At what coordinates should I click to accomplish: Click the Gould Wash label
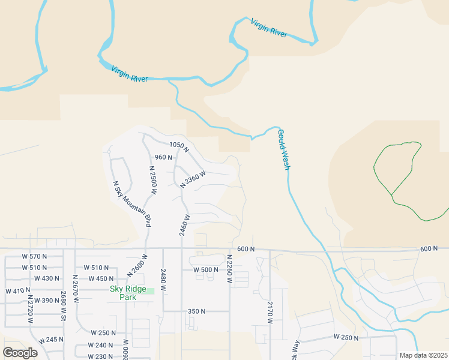(283, 150)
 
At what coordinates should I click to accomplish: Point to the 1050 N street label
(179, 145)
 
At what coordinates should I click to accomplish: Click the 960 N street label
(163, 157)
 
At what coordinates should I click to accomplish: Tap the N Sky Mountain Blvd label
(132, 203)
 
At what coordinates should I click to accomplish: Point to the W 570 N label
(34, 257)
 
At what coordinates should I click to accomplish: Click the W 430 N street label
(47, 278)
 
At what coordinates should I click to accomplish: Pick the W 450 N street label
(101, 278)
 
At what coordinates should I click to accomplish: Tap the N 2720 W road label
(30, 310)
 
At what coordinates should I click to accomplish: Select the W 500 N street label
(206, 270)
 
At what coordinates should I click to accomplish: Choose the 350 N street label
(196, 311)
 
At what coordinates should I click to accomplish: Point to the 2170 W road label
(270, 312)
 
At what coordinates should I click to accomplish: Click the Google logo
(20, 353)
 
